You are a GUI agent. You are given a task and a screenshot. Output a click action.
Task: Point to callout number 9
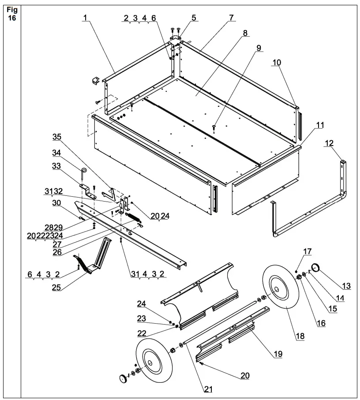click(x=259, y=47)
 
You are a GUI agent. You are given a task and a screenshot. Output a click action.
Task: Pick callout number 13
click(x=346, y=287)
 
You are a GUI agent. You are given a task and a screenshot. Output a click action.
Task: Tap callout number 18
click(x=300, y=336)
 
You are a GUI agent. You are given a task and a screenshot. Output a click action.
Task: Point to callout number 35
click(x=57, y=137)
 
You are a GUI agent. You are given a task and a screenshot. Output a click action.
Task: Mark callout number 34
click(x=56, y=153)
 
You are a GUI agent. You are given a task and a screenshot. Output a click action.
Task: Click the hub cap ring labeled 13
click(x=316, y=267)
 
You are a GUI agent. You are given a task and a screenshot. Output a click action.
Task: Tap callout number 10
click(x=276, y=63)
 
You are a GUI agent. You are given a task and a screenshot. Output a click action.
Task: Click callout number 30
click(x=57, y=203)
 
